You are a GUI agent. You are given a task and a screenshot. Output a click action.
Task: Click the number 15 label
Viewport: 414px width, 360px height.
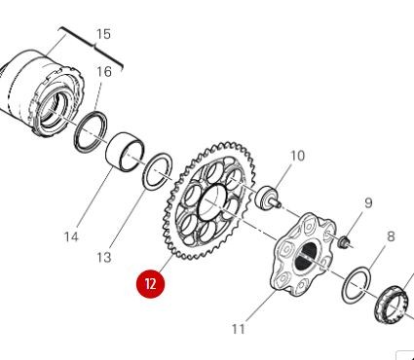pyautogui.click(x=102, y=35)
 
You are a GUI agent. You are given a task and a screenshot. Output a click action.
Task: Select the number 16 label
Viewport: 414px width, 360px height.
pyautogui.click(x=103, y=71)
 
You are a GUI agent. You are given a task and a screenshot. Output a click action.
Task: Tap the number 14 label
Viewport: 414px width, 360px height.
pyautogui.click(x=71, y=236)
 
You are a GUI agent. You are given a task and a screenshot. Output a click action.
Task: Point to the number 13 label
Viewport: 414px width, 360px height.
pyautogui.click(x=104, y=257)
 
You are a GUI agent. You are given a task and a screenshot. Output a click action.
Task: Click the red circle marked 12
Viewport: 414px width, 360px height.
pyautogui.click(x=151, y=284)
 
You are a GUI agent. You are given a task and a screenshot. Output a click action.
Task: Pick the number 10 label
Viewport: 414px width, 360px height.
pyautogui.click(x=297, y=155)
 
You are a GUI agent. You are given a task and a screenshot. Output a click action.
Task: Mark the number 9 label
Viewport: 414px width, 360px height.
pyautogui.click(x=368, y=202)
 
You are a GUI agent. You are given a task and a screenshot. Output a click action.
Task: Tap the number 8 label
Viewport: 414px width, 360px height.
pyautogui.click(x=391, y=235)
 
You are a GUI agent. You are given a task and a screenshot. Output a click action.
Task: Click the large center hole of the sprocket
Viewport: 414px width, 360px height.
pyautogui.click(x=213, y=204)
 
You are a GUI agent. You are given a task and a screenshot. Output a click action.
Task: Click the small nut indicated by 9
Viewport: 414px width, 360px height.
pyautogui.click(x=345, y=238)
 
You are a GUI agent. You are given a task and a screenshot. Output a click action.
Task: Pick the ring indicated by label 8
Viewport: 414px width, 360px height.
pyautogui.click(x=357, y=283)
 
